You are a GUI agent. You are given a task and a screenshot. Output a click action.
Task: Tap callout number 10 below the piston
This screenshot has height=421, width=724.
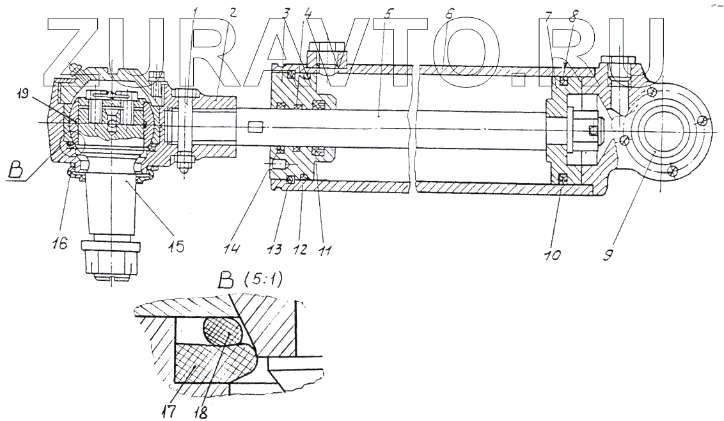[553, 255]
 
